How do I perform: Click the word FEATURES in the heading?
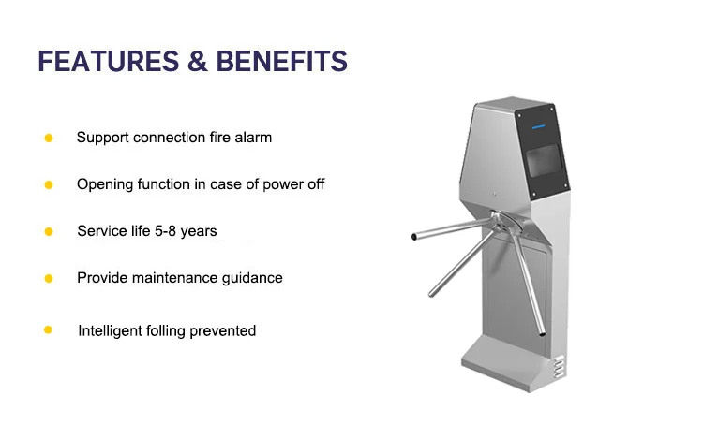109,61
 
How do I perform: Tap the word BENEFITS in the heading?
282,61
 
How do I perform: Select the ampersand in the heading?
198,61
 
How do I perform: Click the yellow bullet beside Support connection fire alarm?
49,138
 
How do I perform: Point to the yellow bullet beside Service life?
49,231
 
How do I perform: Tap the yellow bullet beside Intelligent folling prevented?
49,330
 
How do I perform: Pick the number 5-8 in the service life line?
165,231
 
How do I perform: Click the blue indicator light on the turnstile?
538,126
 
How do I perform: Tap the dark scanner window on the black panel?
544,160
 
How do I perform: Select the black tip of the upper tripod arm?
413,237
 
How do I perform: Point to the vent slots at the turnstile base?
559,367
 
